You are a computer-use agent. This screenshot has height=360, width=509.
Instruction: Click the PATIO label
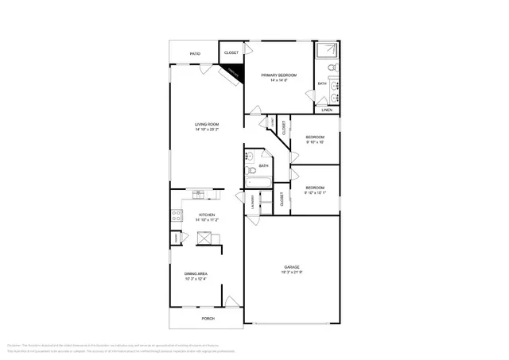[x=195, y=54]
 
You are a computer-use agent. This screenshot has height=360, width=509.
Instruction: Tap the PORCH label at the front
[x=208, y=319]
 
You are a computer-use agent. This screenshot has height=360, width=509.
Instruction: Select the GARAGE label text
[x=292, y=266]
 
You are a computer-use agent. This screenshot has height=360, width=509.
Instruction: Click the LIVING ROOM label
[x=208, y=125]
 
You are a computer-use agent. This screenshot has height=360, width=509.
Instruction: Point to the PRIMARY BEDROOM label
[x=278, y=75]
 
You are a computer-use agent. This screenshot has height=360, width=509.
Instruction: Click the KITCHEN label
[x=208, y=215]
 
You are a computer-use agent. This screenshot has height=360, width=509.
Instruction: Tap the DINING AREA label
[x=196, y=274]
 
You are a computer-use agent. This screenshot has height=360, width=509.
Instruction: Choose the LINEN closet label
[x=327, y=110]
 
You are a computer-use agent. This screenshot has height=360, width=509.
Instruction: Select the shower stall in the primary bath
[x=326, y=52]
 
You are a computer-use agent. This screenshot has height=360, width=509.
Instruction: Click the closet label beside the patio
[x=231, y=52]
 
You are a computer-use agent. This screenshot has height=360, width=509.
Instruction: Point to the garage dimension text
[x=292, y=272]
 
